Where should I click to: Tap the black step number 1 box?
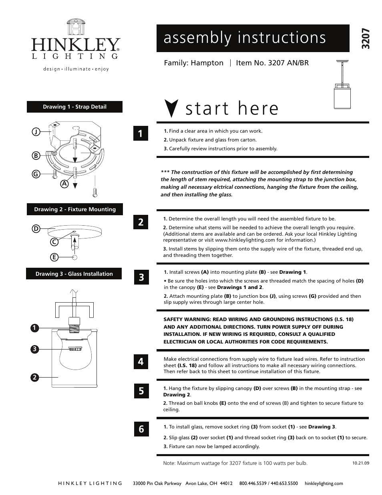(141, 133)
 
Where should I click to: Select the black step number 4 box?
(141, 362)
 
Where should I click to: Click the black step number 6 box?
(141, 429)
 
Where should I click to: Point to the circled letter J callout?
(36, 132)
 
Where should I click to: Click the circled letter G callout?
(36, 174)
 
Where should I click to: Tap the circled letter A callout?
(63, 184)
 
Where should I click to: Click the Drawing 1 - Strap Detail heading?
(74, 107)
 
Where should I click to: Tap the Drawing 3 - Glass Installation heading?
(74, 274)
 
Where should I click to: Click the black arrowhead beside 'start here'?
(171, 109)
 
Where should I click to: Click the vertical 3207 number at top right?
(365, 39)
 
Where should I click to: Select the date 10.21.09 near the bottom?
(360, 463)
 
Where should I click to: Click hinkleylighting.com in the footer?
(324, 483)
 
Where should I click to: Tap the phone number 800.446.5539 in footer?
(253, 483)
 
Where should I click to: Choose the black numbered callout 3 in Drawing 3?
(35, 349)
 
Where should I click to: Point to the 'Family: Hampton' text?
(193, 63)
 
